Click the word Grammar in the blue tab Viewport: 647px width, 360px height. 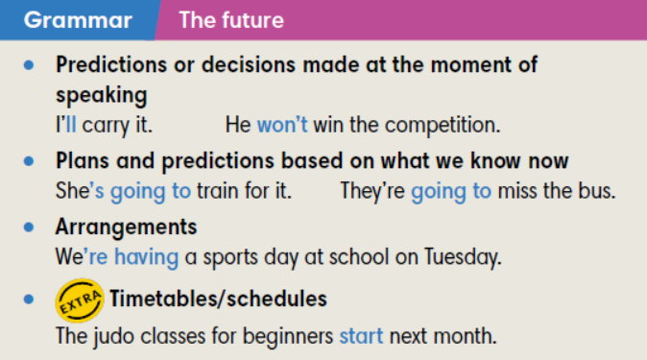[78, 20]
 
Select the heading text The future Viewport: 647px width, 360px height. [231, 20]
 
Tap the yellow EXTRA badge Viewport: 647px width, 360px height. [79, 300]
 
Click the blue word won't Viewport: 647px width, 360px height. [283, 125]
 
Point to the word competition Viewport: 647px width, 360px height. [443, 125]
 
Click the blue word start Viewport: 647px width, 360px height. [361, 337]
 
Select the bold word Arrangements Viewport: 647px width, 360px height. [126, 228]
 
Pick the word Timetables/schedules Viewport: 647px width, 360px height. [218, 300]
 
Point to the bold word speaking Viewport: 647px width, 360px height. [101, 96]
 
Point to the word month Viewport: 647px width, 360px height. [470, 337]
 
